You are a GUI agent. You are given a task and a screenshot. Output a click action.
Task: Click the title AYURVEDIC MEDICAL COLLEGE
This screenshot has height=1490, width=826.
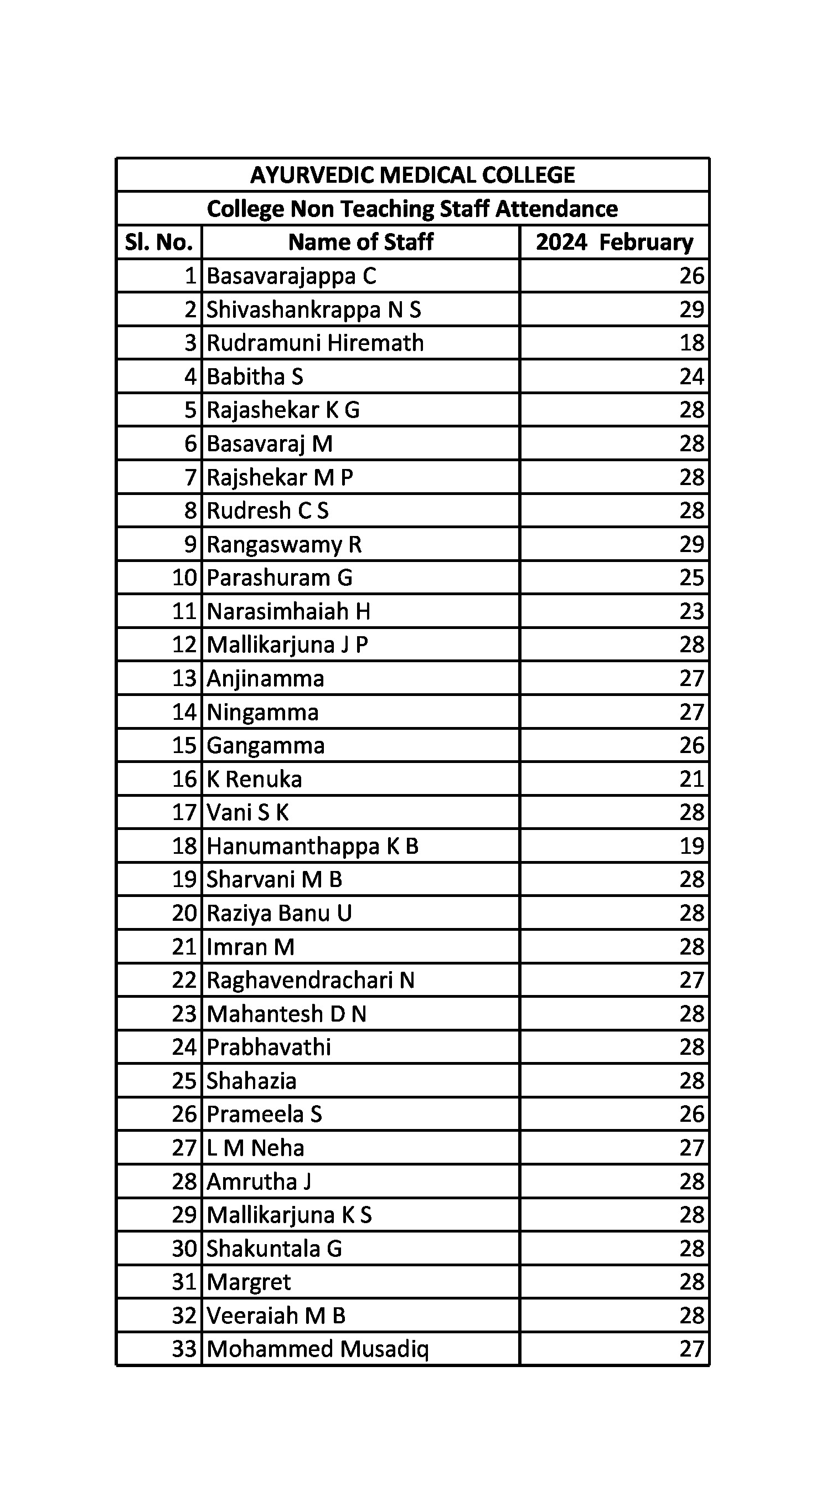click(x=412, y=174)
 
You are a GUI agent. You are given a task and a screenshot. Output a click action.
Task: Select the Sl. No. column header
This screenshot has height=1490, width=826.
click(x=158, y=242)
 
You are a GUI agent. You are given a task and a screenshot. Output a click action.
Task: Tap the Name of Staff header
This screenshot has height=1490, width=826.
click(x=360, y=242)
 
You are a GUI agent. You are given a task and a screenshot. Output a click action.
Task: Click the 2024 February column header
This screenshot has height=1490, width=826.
click(x=615, y=242)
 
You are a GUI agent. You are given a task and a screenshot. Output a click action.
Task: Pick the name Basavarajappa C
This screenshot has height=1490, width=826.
click(x=292, y=276)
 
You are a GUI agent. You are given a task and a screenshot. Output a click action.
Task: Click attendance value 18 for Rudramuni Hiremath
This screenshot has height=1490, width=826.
click(x=692, y=343)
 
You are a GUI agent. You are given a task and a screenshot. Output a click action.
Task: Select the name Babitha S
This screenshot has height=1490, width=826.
click(x=255, y=377)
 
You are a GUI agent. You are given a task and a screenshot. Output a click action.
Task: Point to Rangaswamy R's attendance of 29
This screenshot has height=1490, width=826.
click(x=692, y=544)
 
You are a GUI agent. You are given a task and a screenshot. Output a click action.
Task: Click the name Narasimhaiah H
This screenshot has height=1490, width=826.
click(x=288, y=611)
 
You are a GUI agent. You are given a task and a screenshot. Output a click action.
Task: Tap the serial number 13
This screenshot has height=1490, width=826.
click(x=184, y=678)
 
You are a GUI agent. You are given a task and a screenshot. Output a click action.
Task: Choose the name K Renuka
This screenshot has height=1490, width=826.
click(x=254, y=779)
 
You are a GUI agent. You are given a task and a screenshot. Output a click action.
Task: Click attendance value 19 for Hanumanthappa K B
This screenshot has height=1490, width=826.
click(x=692, y=846)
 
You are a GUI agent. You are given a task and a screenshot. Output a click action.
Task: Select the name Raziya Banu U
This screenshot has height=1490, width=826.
click(x=279, y=913)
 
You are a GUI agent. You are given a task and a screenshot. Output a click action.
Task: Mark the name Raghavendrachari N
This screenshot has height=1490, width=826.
click(x=311, y=981)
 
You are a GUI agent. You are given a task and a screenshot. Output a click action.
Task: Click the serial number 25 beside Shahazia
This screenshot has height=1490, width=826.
click(x=184, y=1081)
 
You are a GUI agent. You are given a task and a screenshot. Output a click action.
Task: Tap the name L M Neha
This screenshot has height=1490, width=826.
click(x=255, y=1148)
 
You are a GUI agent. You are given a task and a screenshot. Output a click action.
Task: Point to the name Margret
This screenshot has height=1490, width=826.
click(x=249, y=1282)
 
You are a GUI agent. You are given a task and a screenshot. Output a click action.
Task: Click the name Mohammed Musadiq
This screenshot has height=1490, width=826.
click(x=318, y=1349)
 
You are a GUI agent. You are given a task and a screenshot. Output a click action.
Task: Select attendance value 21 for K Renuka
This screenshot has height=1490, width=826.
click(x=692, y=779)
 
